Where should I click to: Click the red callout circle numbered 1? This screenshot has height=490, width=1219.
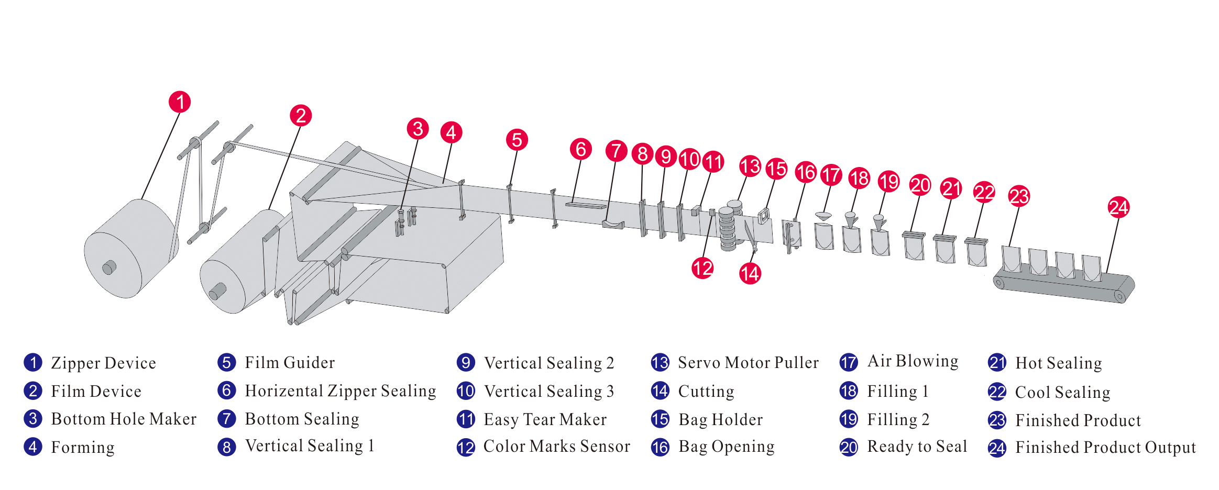(180, 102)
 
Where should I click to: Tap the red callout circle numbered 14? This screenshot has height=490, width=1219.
(750, 273)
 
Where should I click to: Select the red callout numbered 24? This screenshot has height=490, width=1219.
(1118, 208)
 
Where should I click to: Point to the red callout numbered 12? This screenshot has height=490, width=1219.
(702, 268)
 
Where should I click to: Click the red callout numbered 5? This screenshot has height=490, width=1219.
(517, 140)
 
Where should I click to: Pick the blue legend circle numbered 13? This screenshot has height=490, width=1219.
(660, 363)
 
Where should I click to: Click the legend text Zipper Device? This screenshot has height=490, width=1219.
(103, 363)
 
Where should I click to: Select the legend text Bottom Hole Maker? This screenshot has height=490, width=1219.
(124, 419)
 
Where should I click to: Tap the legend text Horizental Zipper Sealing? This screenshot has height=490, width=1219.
(340, 391)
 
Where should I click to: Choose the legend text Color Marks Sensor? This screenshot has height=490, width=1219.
(556, 447)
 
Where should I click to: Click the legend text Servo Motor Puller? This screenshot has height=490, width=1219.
(748, 363)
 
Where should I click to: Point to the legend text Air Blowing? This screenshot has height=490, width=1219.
(913, 361)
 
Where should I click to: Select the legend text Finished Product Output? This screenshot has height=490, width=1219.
(1105, 448)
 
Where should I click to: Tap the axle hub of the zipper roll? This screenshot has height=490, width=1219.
(109, 268)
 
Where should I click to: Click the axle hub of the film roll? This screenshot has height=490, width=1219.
(217, 291)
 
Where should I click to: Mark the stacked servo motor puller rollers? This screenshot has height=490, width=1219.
(728, 228)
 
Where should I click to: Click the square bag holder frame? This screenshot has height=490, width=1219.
(763, 215)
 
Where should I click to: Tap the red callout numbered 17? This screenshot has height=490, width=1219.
(831, 175)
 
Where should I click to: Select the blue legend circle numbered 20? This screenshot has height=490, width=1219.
(849, 447)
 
